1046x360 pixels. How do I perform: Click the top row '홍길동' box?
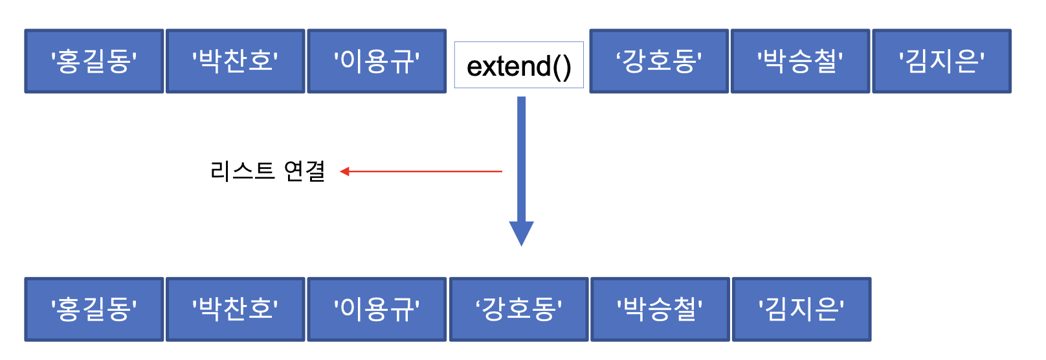94,62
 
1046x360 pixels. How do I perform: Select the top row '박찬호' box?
235,62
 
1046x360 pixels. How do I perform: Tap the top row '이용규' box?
377,62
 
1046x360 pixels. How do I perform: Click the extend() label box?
518,65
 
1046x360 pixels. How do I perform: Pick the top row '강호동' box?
659,62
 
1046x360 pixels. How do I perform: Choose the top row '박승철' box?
800,62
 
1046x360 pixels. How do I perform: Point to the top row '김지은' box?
941,62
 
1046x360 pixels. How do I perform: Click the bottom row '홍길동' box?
94,309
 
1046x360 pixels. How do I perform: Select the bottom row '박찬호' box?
235,309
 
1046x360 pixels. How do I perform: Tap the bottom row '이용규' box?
377,309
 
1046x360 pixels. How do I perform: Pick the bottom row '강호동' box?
518,309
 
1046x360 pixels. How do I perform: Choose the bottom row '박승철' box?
660,309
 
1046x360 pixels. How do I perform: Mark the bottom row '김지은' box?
801,309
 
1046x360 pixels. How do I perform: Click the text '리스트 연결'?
267,172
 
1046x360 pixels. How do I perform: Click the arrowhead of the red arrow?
345,172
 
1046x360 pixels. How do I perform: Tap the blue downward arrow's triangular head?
521,232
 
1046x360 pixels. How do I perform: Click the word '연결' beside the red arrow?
305,172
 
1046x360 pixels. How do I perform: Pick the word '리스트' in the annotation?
243,172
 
